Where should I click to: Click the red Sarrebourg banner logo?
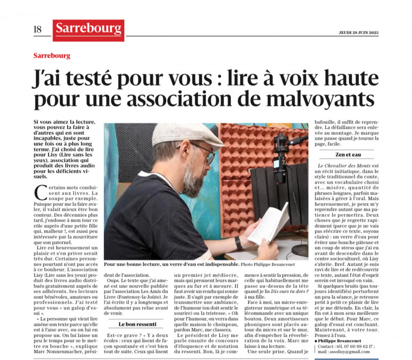point(88,30)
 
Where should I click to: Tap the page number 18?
point(38,29)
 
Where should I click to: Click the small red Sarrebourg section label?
point(51,56)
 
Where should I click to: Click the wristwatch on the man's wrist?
point(239,244)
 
